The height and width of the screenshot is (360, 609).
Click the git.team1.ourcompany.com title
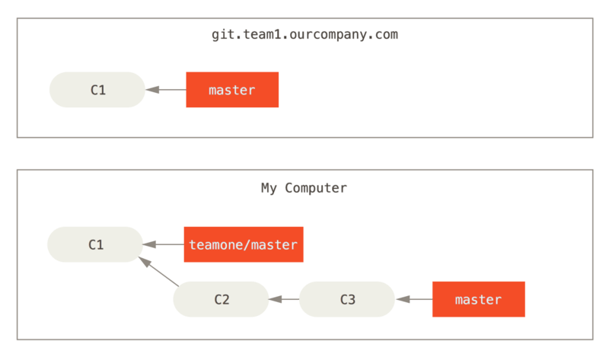(x=304, y=35)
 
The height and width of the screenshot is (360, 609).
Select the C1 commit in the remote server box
(x=97, y=90)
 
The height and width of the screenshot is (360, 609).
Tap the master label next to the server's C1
(x=232, y=90)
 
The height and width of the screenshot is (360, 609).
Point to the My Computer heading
(x=304, y=188)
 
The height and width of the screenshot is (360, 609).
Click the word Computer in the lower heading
(x=316, y=188)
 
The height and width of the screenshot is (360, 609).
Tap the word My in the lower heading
(x=269, y=188)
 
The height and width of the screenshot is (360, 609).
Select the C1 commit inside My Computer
(x=95, y=244)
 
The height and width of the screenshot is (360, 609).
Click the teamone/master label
(x=243, y=244)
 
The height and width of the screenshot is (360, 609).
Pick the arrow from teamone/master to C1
(x=163, y=244)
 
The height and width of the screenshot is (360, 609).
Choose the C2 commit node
(x=221, y=299)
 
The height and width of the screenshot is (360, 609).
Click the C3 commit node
(x=346, y=299)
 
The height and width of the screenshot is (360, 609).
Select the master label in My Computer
(x=478, y=299)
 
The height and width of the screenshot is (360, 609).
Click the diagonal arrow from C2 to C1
(x=158, y=272)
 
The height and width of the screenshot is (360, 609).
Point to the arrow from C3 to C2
(x=284, y=299)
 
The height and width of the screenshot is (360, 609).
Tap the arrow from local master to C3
(x=413, y=299)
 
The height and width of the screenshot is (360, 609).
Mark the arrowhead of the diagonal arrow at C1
(x=143, y=260)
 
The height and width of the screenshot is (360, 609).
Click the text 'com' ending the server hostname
(x=386, y=35)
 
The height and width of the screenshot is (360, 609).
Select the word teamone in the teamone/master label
(x=213, y=244)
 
